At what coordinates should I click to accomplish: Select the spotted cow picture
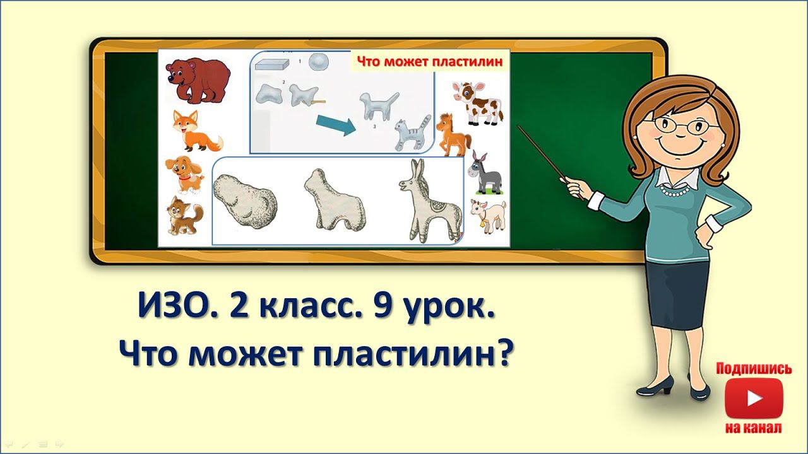click(x=477, y=103)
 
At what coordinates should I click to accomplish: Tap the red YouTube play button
click(x=754, y=398)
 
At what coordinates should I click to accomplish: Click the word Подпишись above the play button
click(x=754, y=369)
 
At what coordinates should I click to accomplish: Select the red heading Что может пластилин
click(x=430, y=62)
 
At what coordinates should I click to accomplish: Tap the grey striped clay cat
click(x=411, y=133)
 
